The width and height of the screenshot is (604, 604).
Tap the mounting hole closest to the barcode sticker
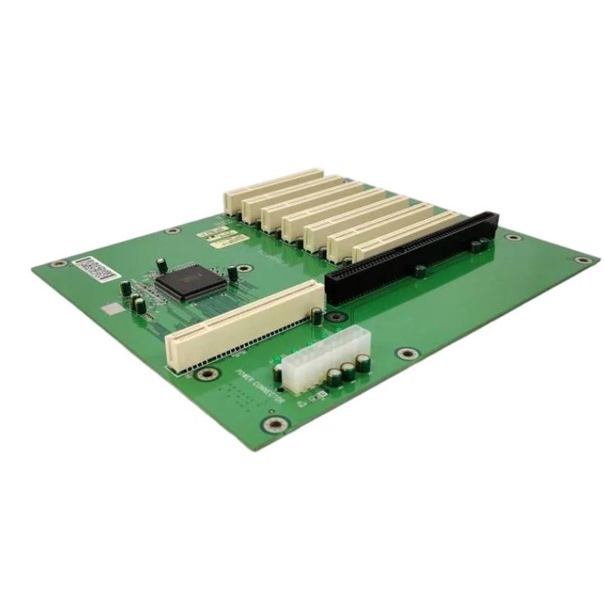coord(56,264)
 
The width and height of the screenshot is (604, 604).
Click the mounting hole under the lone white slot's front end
coord(199,374)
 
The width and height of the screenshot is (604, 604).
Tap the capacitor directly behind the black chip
coord(162,263)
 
